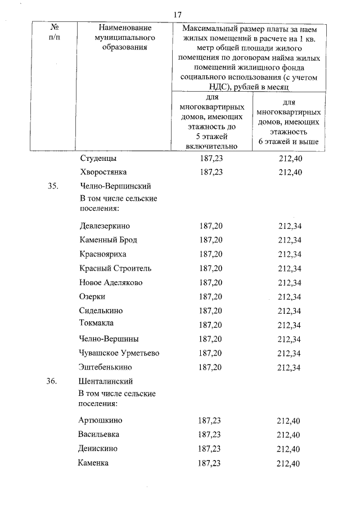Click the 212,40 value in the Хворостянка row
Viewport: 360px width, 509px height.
290,172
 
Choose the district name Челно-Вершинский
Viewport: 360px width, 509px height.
116,186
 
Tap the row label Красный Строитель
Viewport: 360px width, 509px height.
115,268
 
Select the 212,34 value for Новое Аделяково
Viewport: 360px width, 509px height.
290,282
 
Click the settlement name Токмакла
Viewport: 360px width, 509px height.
97,323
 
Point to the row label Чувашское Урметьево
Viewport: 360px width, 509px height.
120,353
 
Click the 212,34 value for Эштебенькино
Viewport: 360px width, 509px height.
290,368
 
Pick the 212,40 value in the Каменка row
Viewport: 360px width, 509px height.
289,463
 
